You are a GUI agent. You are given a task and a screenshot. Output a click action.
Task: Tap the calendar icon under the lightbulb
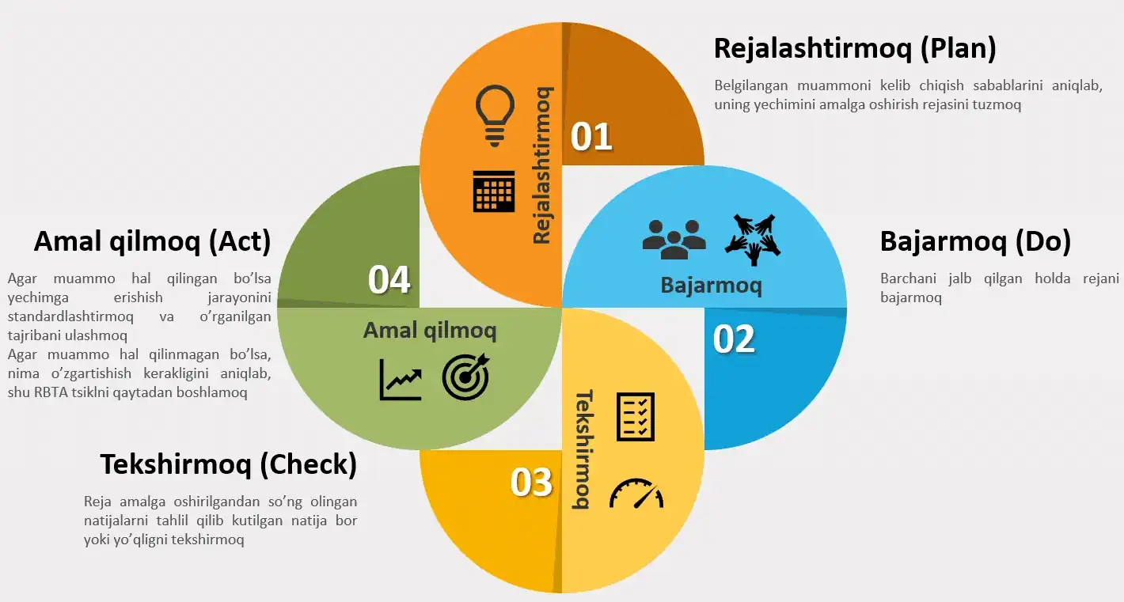pyautogui.click(x=494, y=191)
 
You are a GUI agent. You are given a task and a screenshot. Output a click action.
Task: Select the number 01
pyautogui.click(x=592, y=136)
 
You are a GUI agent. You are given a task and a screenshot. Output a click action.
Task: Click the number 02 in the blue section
pyautogui.click(x=734, y=339)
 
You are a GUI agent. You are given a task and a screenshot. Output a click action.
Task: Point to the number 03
pyautogui.click(x=531, y=482)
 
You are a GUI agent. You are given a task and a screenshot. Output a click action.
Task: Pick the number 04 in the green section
pyautogui.click(x=389, y=279)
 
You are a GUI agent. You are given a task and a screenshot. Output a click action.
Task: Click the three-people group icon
pyautogui.click(x=674, y=238)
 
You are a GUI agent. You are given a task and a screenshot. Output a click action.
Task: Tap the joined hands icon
pyautogui.click(x=753, y=238)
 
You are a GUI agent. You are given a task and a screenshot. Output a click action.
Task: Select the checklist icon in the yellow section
pyautogui.click(x=636, y=416)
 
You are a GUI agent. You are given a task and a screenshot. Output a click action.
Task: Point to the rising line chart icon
pyautogui.click(x=401, y=379)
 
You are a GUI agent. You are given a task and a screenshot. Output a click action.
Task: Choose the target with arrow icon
pyautogui.click(x=466, y=377)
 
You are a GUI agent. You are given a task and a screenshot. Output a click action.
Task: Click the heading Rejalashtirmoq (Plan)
pyautogui.click(x=855, y=48)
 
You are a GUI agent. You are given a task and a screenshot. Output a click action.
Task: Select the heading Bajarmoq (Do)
pyautogui.click(x=975, y=241)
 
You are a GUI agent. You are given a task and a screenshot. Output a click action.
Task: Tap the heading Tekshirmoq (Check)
pyautogui.click(x=229, y=464)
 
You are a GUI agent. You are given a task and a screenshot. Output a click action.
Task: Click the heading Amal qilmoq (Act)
pyautogui.click(x=152, y=241)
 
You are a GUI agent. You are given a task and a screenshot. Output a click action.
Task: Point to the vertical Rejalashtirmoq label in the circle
pyautogui.click(x=542, y=165)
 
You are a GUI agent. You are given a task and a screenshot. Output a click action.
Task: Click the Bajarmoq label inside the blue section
pyautogui.click(x=711, y=285)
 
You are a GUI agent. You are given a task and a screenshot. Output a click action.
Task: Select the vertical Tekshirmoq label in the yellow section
pyautogui.click(x=583, y=449)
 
